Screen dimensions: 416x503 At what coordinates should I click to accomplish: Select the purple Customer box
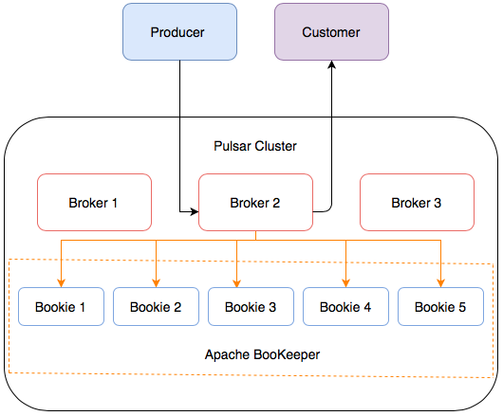(331, 32)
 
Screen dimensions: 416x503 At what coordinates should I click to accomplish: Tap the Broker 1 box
(94, 203)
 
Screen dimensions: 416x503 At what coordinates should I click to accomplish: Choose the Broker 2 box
(255, 203)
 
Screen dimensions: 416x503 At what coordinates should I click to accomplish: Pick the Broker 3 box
(417, 203)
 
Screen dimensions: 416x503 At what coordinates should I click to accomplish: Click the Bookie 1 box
(61, 307)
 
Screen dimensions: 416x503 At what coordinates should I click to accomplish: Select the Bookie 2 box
(156, 307)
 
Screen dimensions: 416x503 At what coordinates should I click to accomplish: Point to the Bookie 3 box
(251, 307)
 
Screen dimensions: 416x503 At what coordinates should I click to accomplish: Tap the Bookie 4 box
(345, 307)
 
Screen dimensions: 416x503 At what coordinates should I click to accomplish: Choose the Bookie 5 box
(440, 307)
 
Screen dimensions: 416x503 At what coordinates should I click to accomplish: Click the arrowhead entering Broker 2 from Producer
(193, 203)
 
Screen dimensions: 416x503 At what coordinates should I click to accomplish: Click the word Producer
(178, 33)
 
